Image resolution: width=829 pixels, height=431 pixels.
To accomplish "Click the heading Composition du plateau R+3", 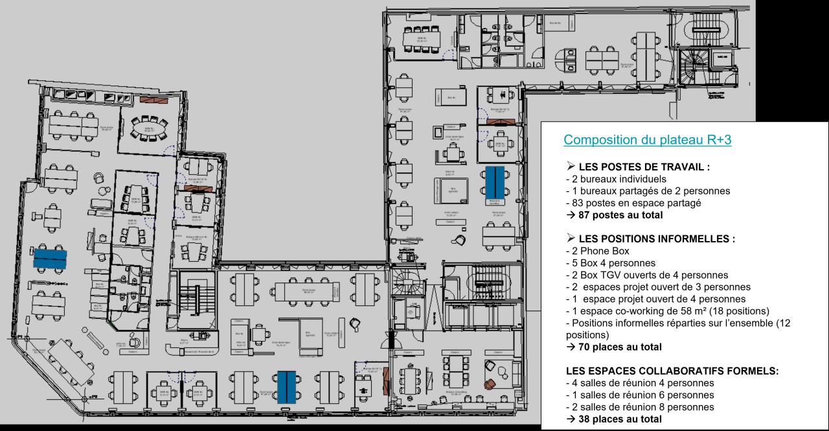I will pyautogui.click(x=647, y=140).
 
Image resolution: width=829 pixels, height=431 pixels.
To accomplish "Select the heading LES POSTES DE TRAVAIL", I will pyautogui.click(x=637, y=167).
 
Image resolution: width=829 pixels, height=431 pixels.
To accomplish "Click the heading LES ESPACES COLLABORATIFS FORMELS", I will pyautogui.click(x=672, y=371).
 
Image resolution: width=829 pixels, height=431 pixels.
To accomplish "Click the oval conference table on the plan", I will pyautogui.click(x=148, y=130).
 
